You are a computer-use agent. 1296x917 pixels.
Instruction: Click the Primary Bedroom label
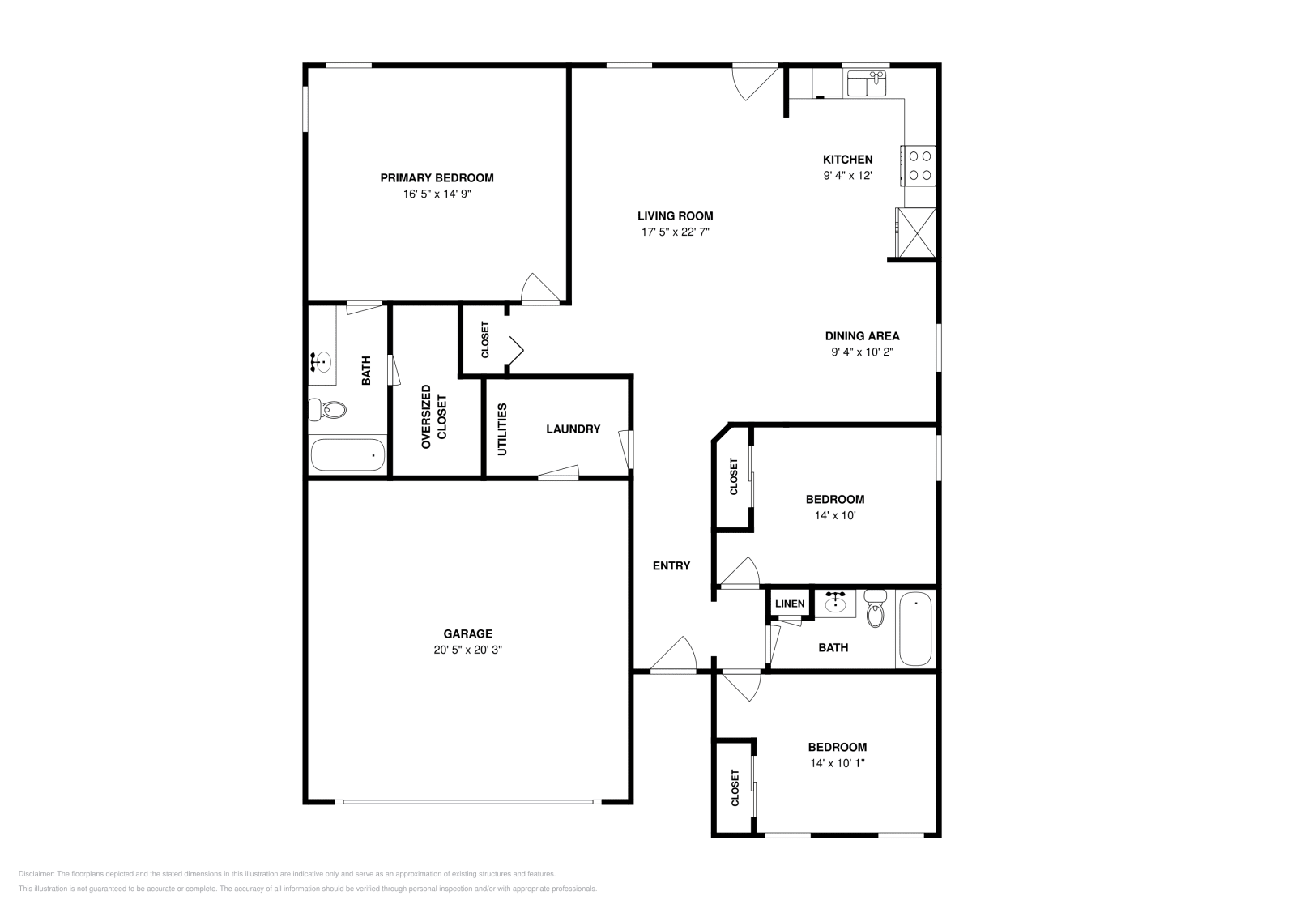pyautogui.click(x=437, y=178)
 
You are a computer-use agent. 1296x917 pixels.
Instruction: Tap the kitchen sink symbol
pyautogui.click(x=867, y=83)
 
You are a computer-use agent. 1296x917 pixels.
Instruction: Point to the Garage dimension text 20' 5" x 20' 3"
pyautogui.click(x=467, y=650)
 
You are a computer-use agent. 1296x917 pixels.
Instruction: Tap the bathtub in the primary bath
pyautogui.click(x=347, y=454)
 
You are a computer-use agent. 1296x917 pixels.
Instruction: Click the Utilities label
pyautogui.click(x=502, y=429)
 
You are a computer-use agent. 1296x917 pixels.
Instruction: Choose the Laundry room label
pyautogui.click(x=573, y=429)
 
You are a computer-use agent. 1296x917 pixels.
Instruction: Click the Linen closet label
pyautogui.click(x=790, y=604)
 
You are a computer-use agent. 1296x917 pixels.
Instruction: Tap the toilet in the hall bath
pyautogui.click(x=875, y=612)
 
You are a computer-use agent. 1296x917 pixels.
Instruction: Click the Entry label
pyautogui.click(x=671, y=566)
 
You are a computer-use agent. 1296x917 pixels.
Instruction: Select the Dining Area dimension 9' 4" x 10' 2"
pyautogui.click(x=862, y=352)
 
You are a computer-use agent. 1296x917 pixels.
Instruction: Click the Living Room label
pyautogui.click(x=675, y=216)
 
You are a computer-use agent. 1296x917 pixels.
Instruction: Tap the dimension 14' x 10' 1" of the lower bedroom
pyautogui.click(x=837, y=763)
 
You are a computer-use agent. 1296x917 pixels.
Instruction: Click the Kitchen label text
pyautogui.click(x=847, y=160)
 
